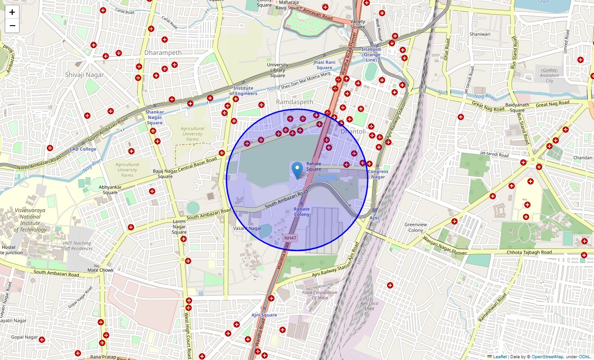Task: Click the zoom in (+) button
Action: pyautogui.click(x=12, y=12)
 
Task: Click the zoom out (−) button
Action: pyautogui.click(x=12, y=26)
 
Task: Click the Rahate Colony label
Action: pyautogui.click(x=301, y=211)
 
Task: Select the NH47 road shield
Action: pyautogui.click(x=290, y=238)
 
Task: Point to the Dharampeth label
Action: pyautogui.click(x=163, y=53)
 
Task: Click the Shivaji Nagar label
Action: pyautogui.click(x=84, y=75)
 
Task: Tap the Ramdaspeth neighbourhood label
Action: pyautogui.click(x=294, y=102)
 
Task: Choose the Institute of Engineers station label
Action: pyautogui.click(x=243, y=91)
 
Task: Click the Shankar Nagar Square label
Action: pyautogui.click(x=154, y=117)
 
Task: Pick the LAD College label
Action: pyautogui.click(x=83, y=149)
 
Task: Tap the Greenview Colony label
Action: pyautogui.click(x=415, y=227)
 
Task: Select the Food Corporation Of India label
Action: pyautogui.click(x=319, y=295)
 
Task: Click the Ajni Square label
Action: pyautogui.click(x=264, y=315)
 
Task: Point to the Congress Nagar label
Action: pyautogui.click(x=378, y=174)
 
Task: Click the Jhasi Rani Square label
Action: pyautogui.click(x=324, y=64)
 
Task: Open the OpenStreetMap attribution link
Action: pyautogui.click(x=547, y=357)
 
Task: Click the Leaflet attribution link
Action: pyautogui.click(x=499, y=357)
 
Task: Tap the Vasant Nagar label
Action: pyautogui.click(x=247, y=229)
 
